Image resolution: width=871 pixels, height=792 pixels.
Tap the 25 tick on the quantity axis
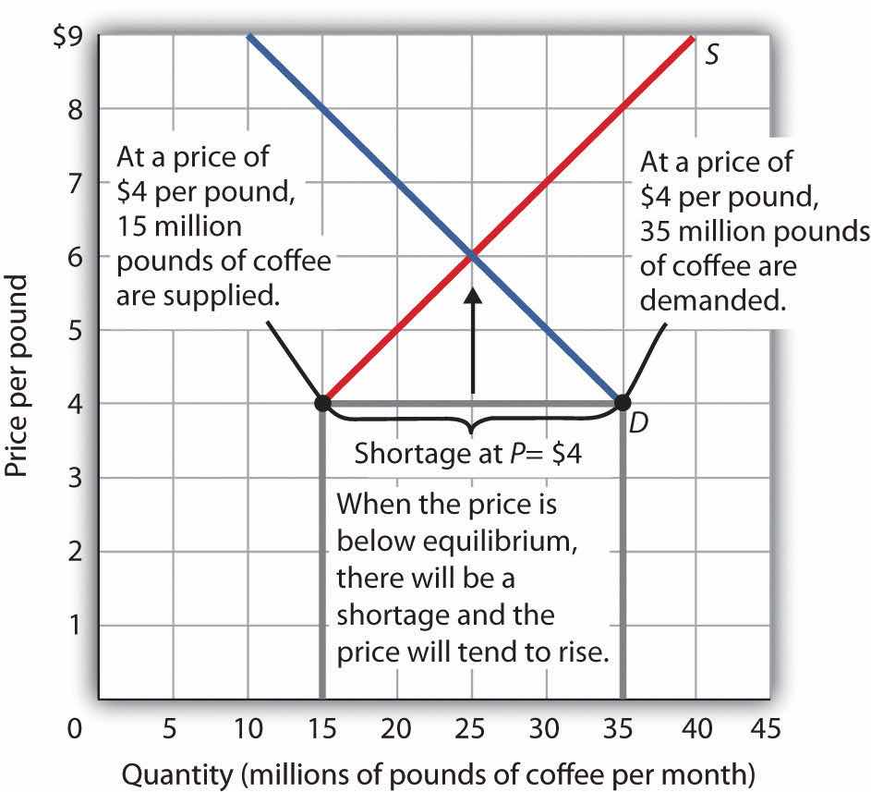(x=472, y=729)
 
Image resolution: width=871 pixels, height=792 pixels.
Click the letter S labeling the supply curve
(x=712, y=54)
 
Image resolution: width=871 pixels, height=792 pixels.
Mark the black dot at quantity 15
(x=322, y=403)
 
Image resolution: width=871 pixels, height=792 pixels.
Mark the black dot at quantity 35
(x=622, y=403)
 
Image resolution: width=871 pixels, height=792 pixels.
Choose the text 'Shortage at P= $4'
(x=469, y=455)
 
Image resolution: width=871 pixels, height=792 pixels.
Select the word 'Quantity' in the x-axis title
(x=163, y=769)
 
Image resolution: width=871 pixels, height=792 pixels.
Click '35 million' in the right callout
(x=689, y=230)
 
